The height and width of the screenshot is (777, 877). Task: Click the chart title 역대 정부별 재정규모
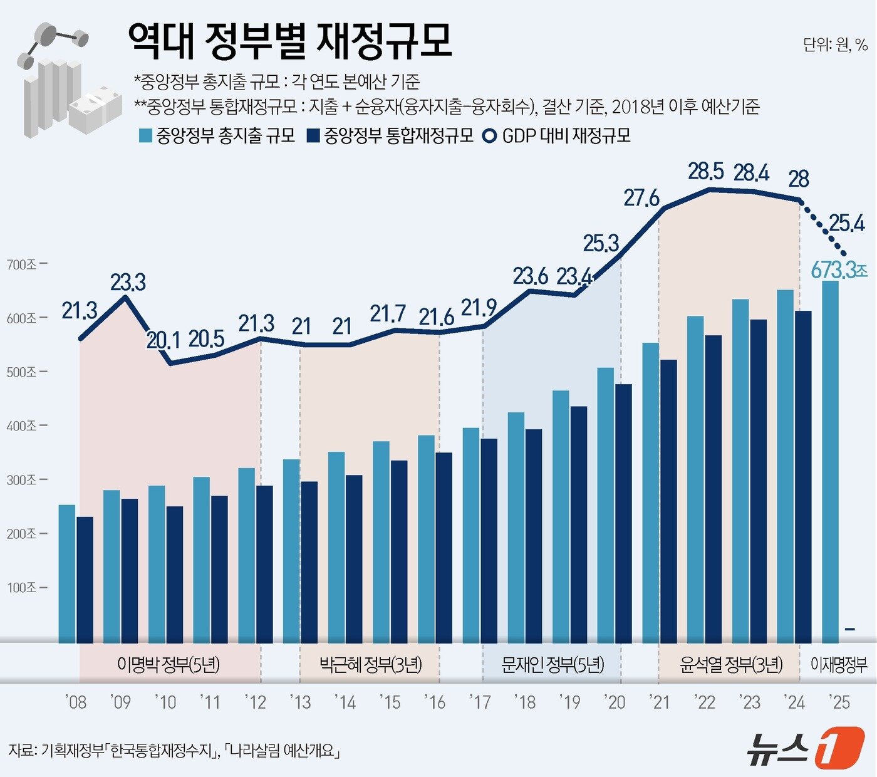pos(289,41)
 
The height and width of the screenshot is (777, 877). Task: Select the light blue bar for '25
pos(830,461)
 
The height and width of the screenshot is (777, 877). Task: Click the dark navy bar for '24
pos(803,476)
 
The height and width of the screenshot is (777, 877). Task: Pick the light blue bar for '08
pos(67,573)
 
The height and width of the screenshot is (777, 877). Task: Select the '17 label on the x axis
pos(480,702)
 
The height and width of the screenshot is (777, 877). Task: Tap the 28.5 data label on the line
pos(706,171)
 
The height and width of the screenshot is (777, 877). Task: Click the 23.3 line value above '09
pos(128,283)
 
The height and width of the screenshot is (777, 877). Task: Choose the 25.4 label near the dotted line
pos(847,222)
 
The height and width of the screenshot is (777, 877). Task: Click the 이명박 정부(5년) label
pos(169,664)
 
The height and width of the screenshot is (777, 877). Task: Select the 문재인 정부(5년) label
pos(553,664)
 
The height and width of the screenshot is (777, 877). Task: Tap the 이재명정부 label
pos(839,664)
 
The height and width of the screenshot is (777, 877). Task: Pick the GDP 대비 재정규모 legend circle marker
pos(490,135)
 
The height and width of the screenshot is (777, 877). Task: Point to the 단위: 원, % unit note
pos(835,44)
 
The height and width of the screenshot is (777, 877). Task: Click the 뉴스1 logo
pos(804,747)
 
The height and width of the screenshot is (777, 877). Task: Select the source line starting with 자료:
pos(174,750)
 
